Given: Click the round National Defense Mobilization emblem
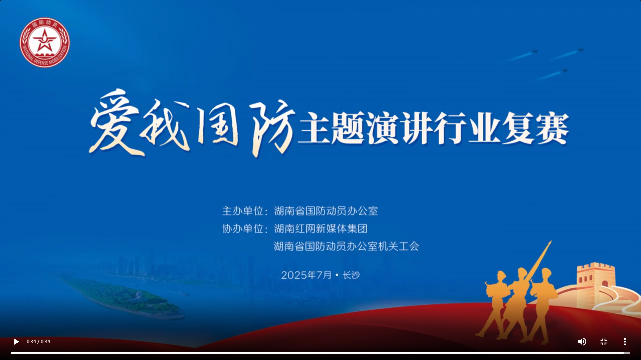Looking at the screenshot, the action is (45, 42).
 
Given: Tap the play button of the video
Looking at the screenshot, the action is (16, 342).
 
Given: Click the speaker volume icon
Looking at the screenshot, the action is (582, 342).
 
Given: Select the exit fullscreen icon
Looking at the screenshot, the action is (604, 342).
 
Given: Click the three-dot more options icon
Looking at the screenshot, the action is (625, 342).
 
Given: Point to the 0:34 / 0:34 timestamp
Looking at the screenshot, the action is (38, 342).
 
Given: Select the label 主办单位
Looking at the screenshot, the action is (243, 211).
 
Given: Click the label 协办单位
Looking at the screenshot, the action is (243, 229).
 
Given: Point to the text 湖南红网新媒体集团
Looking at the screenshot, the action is (321, 229).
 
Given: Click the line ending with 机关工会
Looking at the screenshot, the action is (346, 246).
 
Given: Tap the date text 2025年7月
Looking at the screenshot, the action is (306, 275).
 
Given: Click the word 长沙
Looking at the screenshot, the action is (351, 275).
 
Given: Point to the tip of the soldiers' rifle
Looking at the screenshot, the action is (551, 241).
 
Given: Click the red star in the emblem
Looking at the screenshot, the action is (44, 40).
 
